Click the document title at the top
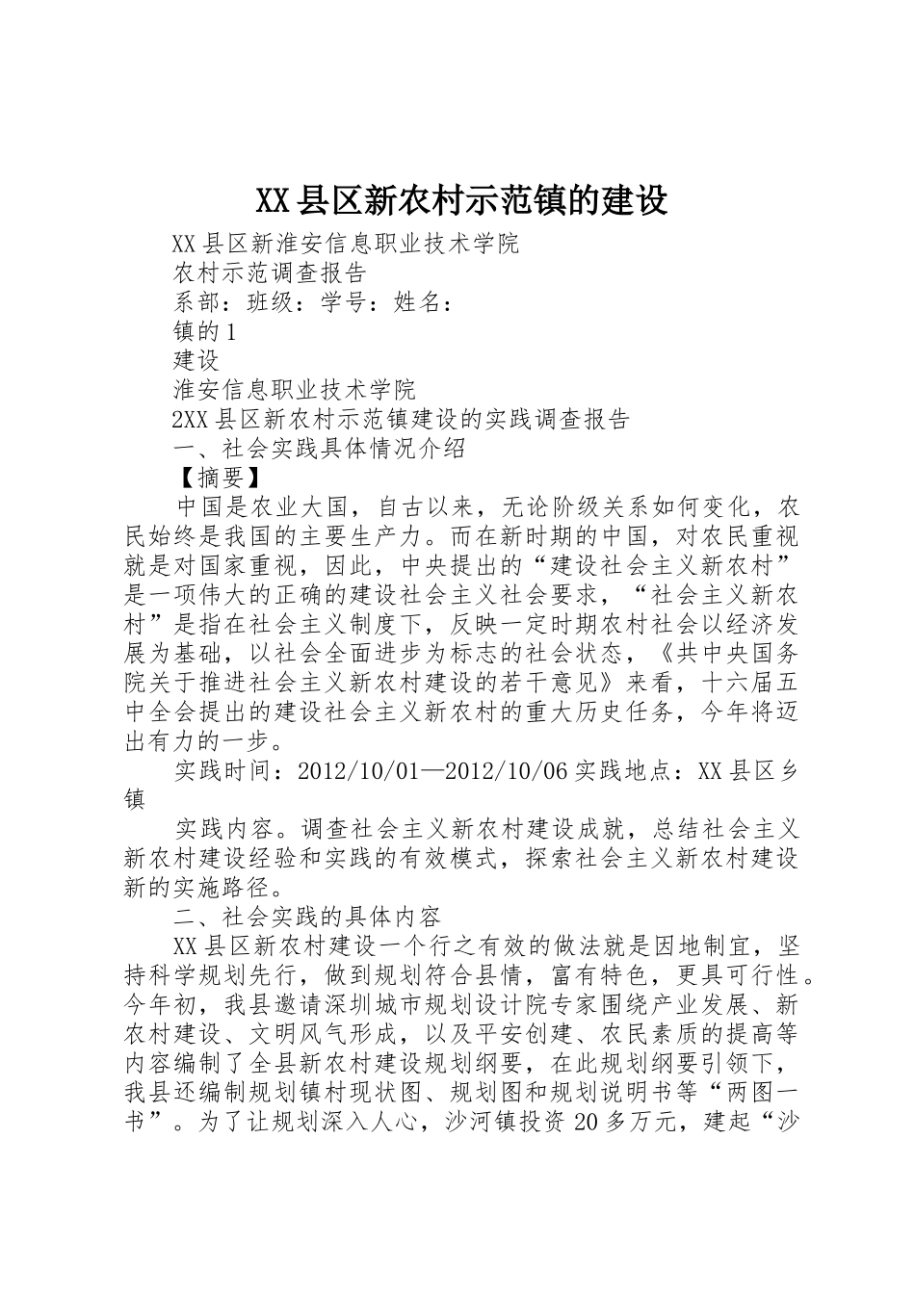point(461,201)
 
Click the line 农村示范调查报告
point(271,273)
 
